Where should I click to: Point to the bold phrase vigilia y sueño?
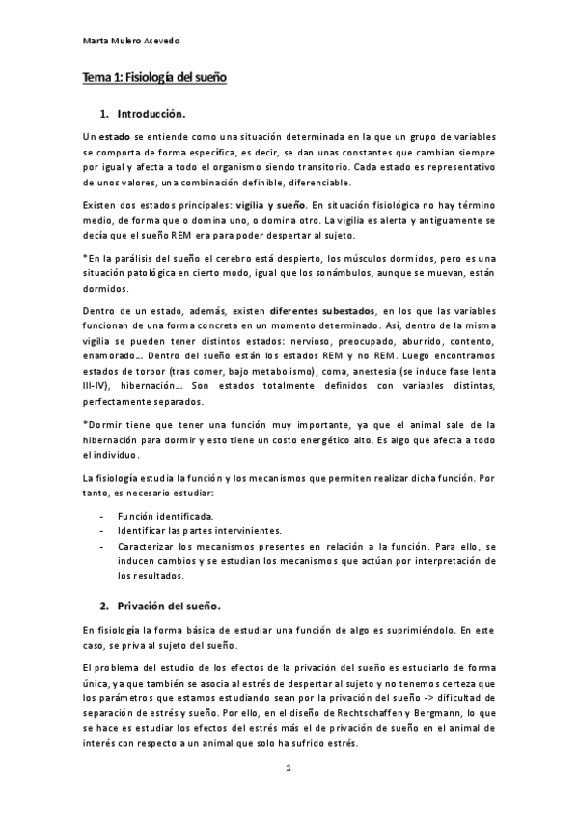267,205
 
